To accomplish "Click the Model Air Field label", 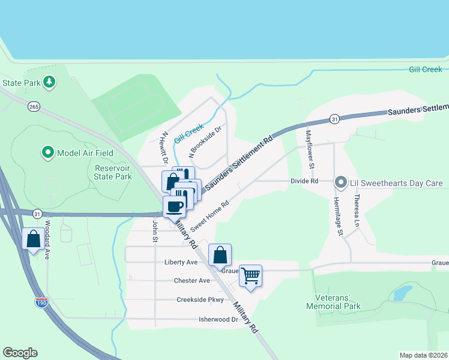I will (x=85, y=153).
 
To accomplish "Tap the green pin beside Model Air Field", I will (x=47, y=152).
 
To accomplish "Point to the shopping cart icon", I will (x=251, y=276).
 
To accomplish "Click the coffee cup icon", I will (x=175, y=207).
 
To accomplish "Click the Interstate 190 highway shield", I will (x=41, y=303).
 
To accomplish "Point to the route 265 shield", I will (x=34, y=106).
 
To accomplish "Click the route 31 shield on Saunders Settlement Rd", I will (x=334, y=120).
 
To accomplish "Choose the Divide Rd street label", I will (x=304, y=181).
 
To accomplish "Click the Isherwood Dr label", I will (x=218, y=320).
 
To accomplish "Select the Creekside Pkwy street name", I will (x=200, y=300).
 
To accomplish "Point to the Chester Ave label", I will (x=191, y=281).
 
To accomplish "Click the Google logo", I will (x=20, y=353).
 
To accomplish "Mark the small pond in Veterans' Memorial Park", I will (x=402, y=293).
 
